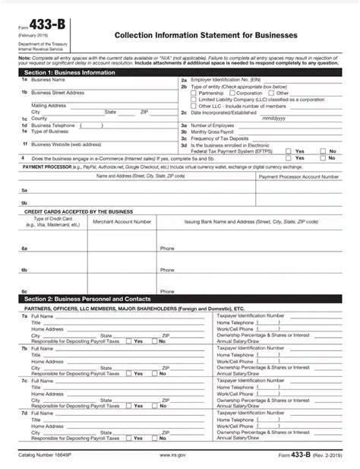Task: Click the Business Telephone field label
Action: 53,125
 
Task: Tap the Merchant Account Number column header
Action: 121,221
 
